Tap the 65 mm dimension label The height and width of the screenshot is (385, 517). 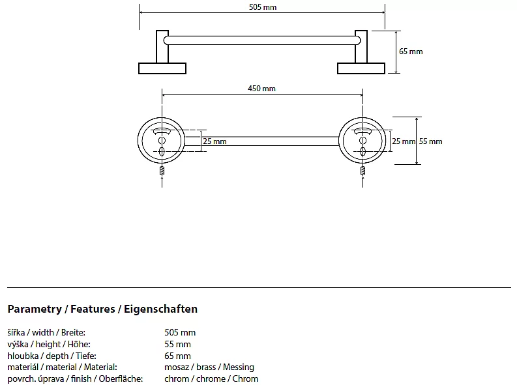(411, 51)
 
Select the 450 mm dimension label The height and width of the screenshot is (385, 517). (261, 89)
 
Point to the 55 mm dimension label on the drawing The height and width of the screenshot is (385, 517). (430, 141)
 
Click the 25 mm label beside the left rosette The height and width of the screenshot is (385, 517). (214, 141)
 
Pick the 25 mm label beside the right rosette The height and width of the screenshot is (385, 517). (403, 141)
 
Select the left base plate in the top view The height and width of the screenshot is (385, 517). (162, 68)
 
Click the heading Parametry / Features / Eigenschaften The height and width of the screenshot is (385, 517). (102, 309)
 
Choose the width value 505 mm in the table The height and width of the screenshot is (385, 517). (180, 332)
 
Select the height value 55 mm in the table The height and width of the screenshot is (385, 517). (178, 344)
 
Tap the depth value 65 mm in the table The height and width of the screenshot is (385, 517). (178, 356)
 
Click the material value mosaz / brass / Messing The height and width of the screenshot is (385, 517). (209, 367)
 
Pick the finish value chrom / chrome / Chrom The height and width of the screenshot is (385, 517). (211, 378)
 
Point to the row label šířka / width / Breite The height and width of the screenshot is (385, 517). (46, 332)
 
